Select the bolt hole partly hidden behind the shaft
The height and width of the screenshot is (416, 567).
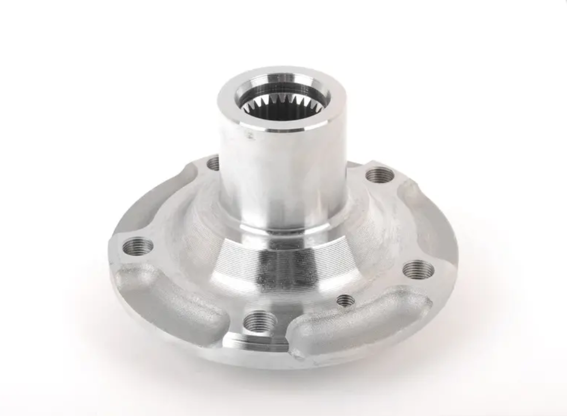(x=212, y=162)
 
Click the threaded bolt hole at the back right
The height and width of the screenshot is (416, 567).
(x=380, y=175)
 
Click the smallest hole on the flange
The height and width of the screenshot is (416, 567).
(x=344, y=300)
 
